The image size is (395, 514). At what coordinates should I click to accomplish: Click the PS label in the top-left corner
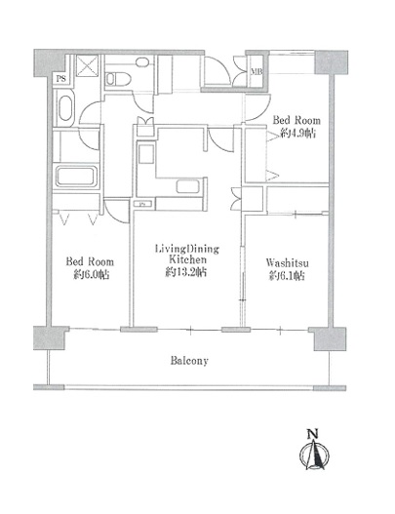pyautogui.click(x=61, y=79)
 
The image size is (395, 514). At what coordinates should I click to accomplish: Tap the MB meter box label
pyautogui.click(x=256, y=71)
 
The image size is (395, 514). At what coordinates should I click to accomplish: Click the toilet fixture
pyautogui.click(x=118, y=79)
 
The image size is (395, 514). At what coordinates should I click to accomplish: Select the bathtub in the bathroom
pyautogui.click(x=76, y=177)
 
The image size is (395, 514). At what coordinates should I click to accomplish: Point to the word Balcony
pyautogui.click(x=189, y=361)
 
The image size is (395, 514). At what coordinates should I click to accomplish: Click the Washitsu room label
pyautogui.click(x=287, y=263)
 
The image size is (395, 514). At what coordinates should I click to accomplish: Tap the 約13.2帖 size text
pyautogui.click(x=186, y=272)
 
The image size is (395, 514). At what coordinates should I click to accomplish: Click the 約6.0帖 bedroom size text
pyautogui.click(x=91, y=274)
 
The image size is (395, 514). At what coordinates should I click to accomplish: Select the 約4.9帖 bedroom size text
pyautogui.click(x=298, y=133)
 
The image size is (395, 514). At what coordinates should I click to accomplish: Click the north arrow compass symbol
pyautogui.click(x=314, y=455)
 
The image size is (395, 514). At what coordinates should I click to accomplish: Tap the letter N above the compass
pyautogui.click(x=313, y=434)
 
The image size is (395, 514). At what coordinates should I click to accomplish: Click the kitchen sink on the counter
pyautogui.click(x=187, y=186)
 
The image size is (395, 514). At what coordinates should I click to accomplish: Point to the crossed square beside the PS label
pyautogui.click(x=87, y=66)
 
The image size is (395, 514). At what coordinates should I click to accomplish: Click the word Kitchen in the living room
pyautogui.click(x=187, y=259)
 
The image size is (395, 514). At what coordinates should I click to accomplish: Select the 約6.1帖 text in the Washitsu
pyautogui.click(x=287, y=275)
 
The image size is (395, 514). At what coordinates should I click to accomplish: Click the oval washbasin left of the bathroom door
pyautogui.click(x=66, y=108)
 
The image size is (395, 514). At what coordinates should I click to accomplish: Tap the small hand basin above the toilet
pyautogui.click(x=142, y=62)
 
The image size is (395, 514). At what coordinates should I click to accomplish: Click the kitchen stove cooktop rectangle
pyautogui.click(x=146, y=154)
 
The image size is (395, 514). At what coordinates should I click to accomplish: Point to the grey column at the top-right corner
pyautogui.click(x=331, y=62)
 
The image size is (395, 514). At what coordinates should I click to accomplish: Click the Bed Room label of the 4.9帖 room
pyautogui.click(x=296, y=120)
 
